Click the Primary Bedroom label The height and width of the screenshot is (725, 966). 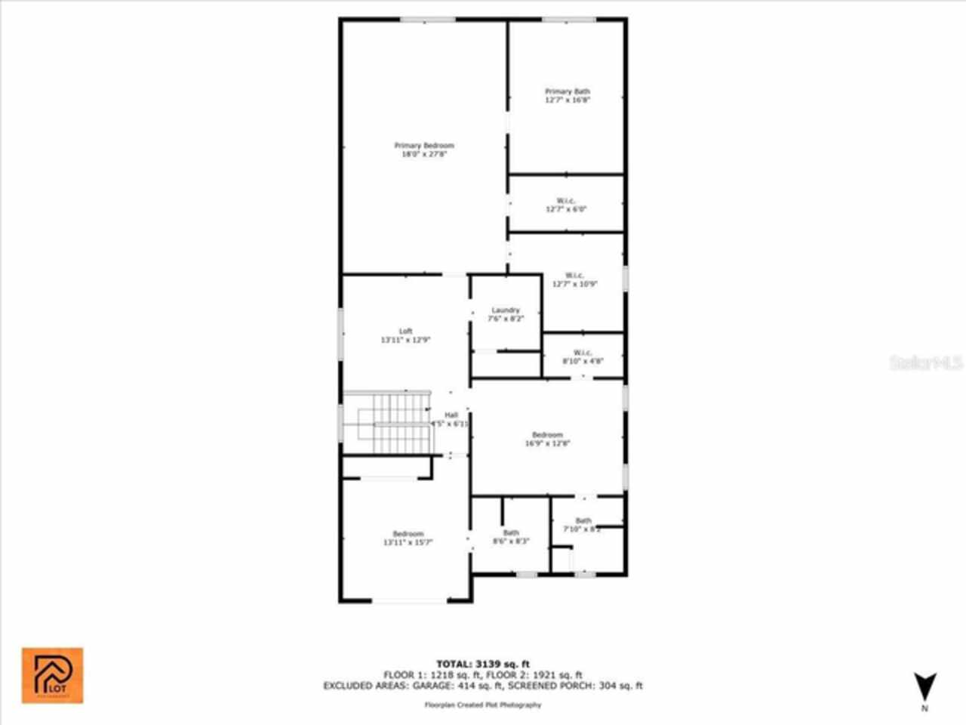[x=424, y=146]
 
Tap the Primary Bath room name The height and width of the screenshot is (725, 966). [x=568, y=91]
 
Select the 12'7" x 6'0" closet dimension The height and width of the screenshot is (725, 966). [x=566, y=209]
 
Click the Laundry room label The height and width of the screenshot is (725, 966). [x=506, y=310]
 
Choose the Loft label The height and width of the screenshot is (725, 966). [x=406, y=332]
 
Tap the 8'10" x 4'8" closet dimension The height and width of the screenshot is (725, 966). [x=583, y=361]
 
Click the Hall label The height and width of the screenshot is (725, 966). [x=451, y=415]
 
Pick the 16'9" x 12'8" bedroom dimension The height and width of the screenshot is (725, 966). [x=547, y=444]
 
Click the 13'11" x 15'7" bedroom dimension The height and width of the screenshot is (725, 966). [x=408, y=542]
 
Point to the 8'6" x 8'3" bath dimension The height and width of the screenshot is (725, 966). [x=511, y=541]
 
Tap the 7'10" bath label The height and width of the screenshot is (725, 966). [x=583, y=521]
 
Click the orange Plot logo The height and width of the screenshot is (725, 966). [x=52, y=675]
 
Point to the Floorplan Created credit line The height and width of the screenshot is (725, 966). [x=483, y=705]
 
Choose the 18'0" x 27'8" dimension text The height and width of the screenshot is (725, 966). [x=424, y=154]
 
